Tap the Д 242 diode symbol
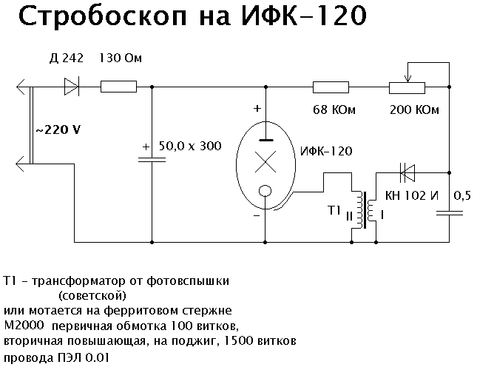72,87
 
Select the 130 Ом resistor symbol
118,87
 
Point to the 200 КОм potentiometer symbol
407,87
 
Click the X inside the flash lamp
264,161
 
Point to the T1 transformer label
334,212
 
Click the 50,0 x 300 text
190,146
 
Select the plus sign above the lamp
257,108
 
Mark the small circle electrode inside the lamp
264,193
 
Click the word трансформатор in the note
87,281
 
